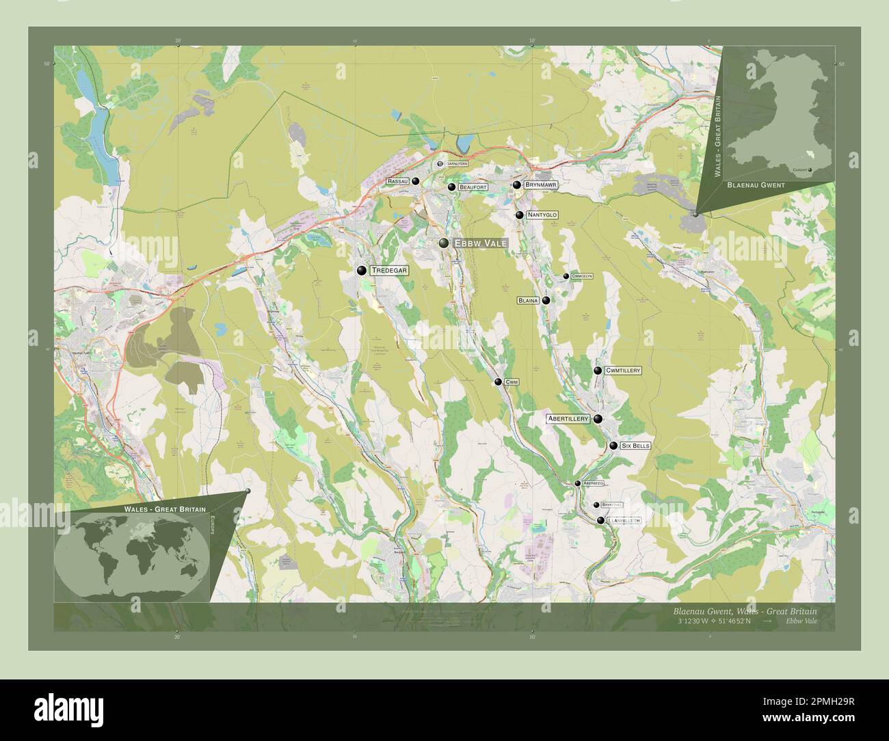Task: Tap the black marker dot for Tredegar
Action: coord(361,271)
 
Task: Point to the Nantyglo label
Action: coord(542,215)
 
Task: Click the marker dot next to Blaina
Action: coord(546,300)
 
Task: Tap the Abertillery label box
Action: coord(568,418)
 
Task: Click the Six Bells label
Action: coord(635,446)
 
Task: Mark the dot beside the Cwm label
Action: coord(499,382)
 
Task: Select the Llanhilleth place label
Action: coord(624,521)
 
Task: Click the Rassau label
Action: coord(397,181)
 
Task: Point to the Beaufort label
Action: coord(473,187)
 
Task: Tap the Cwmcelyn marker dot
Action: coord(566,276)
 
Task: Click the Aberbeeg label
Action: coord(593,483)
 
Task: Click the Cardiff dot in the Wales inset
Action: coord(810,170)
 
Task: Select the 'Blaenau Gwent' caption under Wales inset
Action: coord(756,185)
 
